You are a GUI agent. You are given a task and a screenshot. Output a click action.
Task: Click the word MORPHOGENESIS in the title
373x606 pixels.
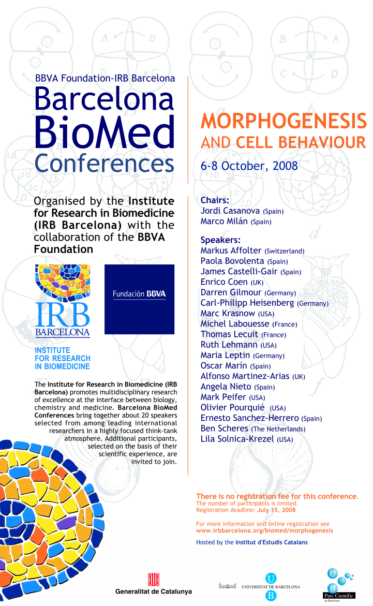(283, 122)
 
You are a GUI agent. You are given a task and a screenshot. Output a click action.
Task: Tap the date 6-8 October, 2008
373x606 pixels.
(249, 166)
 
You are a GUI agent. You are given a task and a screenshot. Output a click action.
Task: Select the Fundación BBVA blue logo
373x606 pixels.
(139, 299)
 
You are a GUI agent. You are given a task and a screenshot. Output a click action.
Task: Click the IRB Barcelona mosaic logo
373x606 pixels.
(63, 301)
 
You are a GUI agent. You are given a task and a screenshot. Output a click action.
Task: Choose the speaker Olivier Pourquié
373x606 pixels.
(233, 407)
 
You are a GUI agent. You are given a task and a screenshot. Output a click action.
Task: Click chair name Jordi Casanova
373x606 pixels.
(231, 211)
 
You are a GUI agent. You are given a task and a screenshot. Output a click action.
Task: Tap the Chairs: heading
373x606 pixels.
(215, 200)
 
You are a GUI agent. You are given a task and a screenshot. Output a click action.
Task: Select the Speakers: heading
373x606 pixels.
(220, 240)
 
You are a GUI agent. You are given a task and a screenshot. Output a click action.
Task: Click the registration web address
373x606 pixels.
(265, 530)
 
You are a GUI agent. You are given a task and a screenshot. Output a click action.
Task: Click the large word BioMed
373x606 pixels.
(105, 132)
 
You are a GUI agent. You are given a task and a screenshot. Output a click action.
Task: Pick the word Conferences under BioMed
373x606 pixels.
(105, 164)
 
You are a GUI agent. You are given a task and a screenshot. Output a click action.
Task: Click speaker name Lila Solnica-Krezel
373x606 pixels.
(237, 439)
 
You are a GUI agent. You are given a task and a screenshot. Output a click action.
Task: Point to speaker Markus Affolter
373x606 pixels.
(231, 250)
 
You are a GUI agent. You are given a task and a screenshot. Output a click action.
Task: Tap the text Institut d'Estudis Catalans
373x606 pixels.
(271, 542)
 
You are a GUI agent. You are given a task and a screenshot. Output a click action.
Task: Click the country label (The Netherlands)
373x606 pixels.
(278, 429)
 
